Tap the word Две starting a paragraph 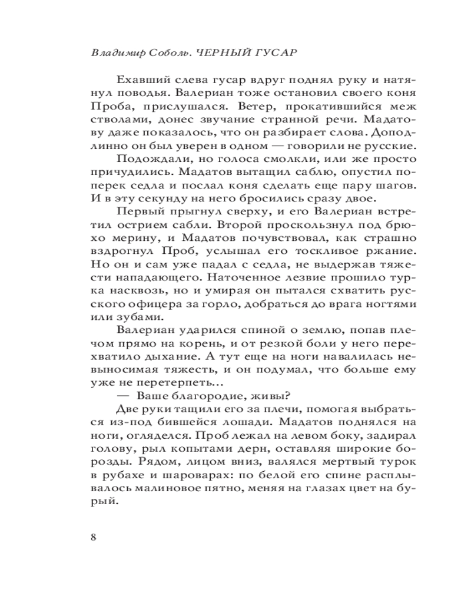coord(127,410)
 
